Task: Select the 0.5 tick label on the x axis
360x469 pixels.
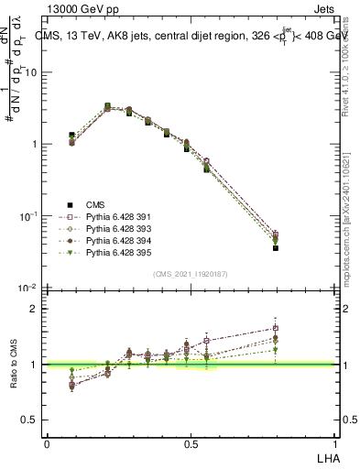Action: point(191,443)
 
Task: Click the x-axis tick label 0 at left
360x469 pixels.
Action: point(47,443)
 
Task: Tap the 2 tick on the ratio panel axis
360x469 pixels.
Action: point(34,309)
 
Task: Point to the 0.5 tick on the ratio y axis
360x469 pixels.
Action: point(30,420)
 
